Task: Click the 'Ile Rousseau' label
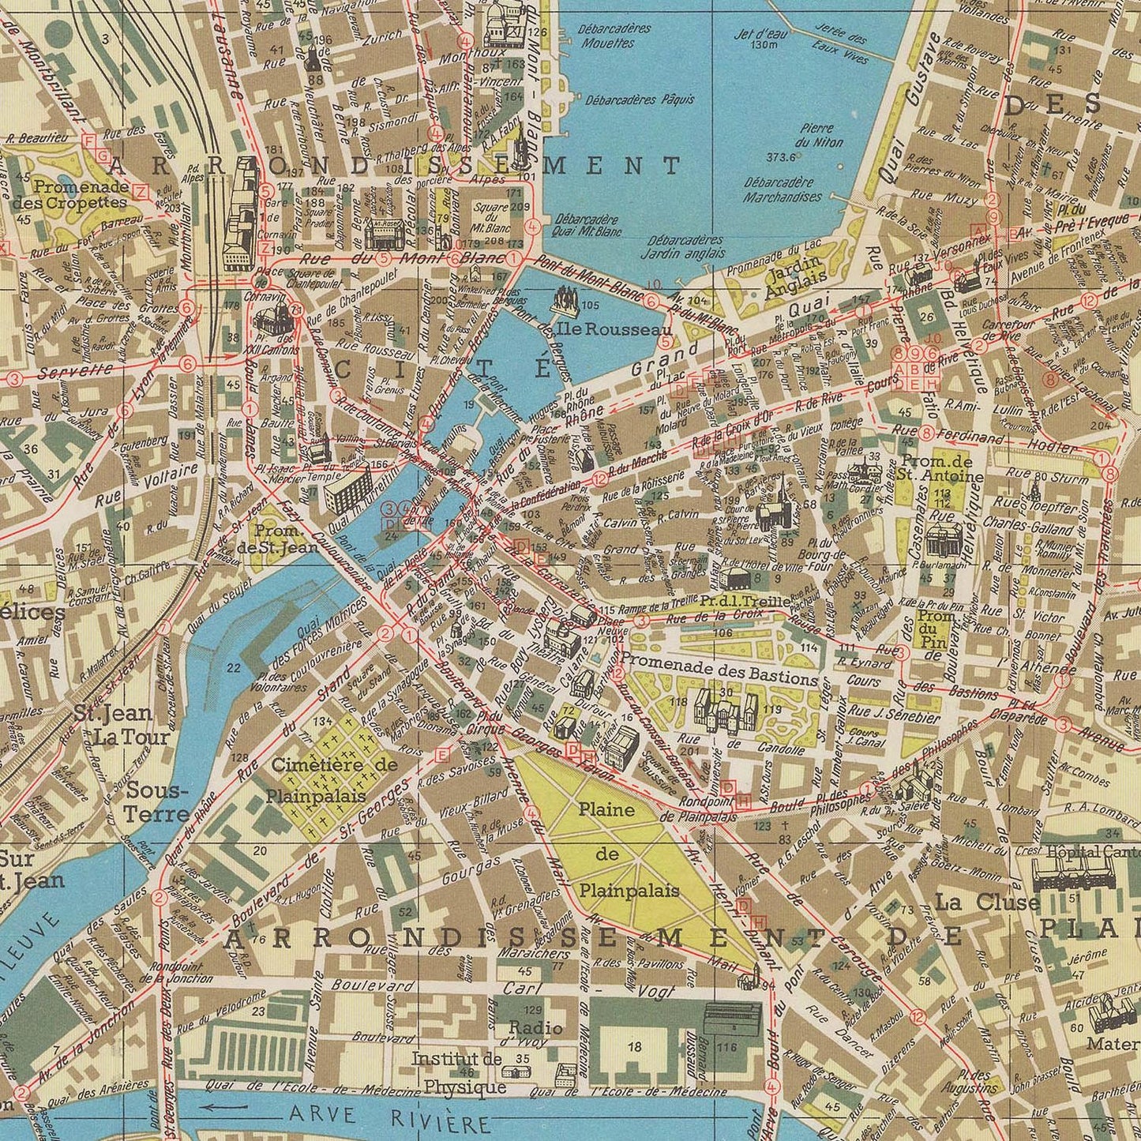click(x=608, y=329)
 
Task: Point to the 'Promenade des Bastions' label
click(x=719, y=678)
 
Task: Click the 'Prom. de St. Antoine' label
click(x=940, y=469)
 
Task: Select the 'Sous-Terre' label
click(x=157, y=802)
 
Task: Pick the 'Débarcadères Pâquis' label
click(x=640, y=100)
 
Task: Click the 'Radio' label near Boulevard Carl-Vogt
click(x=535, y=1027)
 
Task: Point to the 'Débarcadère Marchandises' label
click(x=783, y=190)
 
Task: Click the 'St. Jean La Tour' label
click(x=123, y=725)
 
